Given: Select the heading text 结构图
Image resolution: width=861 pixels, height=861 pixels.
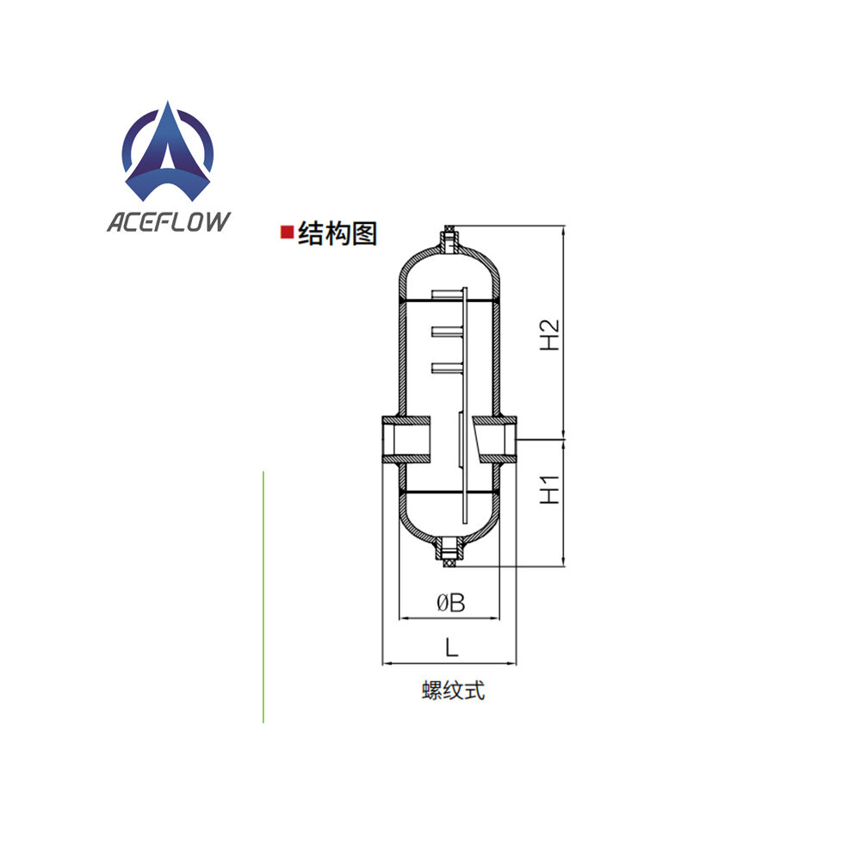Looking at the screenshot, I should (338, 233).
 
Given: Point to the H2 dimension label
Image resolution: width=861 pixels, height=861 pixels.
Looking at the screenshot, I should (550, 335).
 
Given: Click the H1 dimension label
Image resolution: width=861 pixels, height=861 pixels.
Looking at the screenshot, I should (550, 490).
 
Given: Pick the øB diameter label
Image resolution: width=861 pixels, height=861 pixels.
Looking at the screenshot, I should (449, 603).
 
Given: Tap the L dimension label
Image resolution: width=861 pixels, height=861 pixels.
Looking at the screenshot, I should (450, 645).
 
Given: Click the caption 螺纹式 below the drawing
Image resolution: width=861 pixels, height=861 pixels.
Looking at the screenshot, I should (453, 691).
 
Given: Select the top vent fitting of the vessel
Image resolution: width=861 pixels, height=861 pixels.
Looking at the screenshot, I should (449, 236).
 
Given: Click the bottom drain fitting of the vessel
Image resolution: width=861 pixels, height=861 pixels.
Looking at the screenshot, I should (449, 555).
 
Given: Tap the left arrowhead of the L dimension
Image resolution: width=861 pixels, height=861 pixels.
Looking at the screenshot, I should (386, 663).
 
